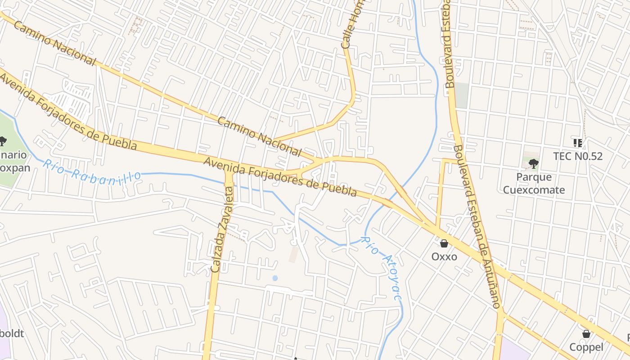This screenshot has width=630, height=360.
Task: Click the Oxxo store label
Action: click(444, 256)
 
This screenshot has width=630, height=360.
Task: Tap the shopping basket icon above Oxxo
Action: click(444, 243)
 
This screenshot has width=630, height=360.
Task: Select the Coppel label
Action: click(586, 347)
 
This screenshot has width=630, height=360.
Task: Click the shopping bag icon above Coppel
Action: click(586, 334)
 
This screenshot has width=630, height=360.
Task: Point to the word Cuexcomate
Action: click(534, 189)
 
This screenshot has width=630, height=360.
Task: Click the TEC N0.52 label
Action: click(577, 156)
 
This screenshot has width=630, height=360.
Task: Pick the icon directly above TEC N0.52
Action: click(578, 143)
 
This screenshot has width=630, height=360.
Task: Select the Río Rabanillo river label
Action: click(92, 170)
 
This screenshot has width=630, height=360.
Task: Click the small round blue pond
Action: click(275, 278)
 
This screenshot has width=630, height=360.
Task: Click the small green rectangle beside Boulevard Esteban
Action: click(461, 95)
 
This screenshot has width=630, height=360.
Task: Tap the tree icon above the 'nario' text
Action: click(3, 141)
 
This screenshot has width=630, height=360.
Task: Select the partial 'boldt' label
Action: click(12, 333)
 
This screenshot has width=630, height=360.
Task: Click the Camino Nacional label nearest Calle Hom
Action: click(259, 136)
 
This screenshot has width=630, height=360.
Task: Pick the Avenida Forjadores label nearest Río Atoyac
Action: click(280, 177)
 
